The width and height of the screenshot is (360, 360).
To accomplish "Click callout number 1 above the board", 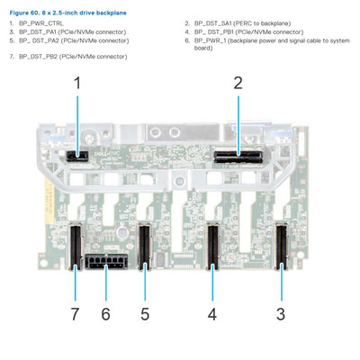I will [x=77, y=84].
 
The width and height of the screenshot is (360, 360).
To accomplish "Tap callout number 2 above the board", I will [x=238, y=84].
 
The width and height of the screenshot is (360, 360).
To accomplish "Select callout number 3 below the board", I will [x=280, y=314].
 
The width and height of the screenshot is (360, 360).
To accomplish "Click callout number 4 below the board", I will [x=212, y=314].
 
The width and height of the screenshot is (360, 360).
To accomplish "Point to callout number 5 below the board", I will [x=145, y=314].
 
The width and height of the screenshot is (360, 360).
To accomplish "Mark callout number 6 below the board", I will [x=105, y=314].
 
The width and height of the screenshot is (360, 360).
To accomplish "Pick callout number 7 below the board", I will [x=74, y=314].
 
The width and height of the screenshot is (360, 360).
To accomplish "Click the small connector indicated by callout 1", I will [x=78, y=155].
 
